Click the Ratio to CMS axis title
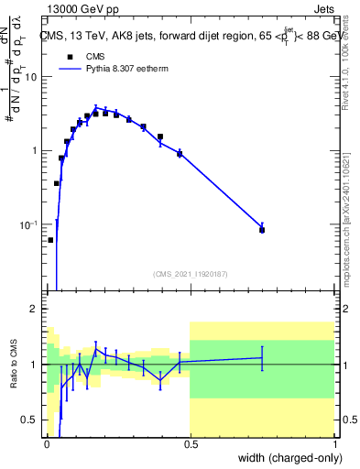click(x=14, y=365)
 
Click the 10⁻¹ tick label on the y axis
click(x=29, y=224)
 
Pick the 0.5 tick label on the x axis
click(x=190, y=443)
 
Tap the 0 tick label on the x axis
click(x=46, y=443)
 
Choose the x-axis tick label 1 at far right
click(x=333, y=443)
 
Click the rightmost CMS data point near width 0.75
click(x=262, y=230)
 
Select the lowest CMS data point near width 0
click(x=50, y=240)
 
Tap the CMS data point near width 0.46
click(x=180, y=153)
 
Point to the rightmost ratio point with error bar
click(x=262, y=358)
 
